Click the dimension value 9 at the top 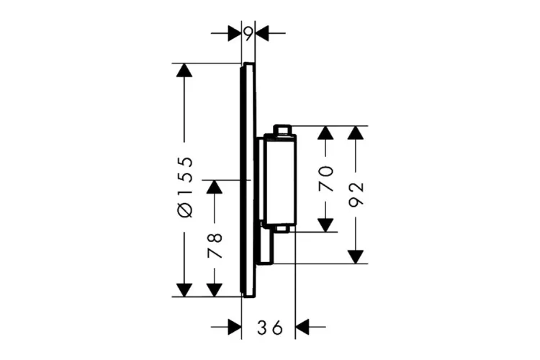pyautogui.click(x=248, y=33)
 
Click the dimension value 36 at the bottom pyautogui.click(x=269, y=328)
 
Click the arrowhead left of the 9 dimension pyautogui.click(x=234, y=33)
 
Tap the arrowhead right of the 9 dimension pyautogui.click(x=262, y=33)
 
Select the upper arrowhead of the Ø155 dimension pyautogui.click(x=185, y=71)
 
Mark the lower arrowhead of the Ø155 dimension pyautogui.click(x=185, y=289)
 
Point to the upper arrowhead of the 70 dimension pyautogui.click(x=327, y=133)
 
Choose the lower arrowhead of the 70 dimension pyautogui.click(x=327, y=225)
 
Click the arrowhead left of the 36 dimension pyautogui.click(x=234, y=328)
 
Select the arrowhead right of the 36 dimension pyautogui.click(x=302, y=328)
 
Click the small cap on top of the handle pyautogui.click(x=282, y=130)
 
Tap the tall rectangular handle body pyautogui.click(x=279, y=180)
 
